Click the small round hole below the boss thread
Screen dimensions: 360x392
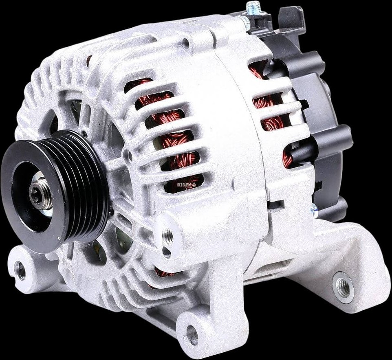[166, 252]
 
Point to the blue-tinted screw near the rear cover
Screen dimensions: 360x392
[314, 210]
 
